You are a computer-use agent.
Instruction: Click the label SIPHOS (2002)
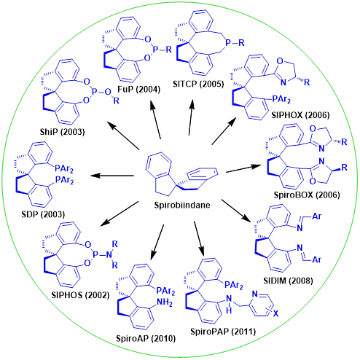[80, 295]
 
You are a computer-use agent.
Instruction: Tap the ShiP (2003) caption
[62, 132]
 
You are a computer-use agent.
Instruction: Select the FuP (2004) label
[138, 90]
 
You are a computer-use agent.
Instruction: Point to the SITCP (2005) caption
[198, 84]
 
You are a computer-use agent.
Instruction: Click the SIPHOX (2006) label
[300, 114]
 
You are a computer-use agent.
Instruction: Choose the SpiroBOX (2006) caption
[307, 195]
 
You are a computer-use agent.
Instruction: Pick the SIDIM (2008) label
[288, 281]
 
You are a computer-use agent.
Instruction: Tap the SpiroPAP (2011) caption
[223, 332]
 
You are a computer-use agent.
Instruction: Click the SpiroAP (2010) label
[146, 338]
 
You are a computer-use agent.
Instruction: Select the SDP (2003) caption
[43, 214]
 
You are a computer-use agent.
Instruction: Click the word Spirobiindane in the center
[182, 206]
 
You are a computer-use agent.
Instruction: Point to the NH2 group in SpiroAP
[165, 302]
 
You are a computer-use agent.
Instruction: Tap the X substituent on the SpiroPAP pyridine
[275, 314]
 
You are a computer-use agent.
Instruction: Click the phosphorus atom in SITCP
[228, 43]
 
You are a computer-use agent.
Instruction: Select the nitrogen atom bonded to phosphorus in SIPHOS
[109, 254]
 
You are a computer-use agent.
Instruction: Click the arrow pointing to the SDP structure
[112, 176]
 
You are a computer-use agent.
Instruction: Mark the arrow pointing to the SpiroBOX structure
[243, 168]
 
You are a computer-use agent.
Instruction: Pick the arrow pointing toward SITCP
[191, 117]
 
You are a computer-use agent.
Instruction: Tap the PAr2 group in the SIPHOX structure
[281, 99]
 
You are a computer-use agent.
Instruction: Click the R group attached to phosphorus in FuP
[168, 50]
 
